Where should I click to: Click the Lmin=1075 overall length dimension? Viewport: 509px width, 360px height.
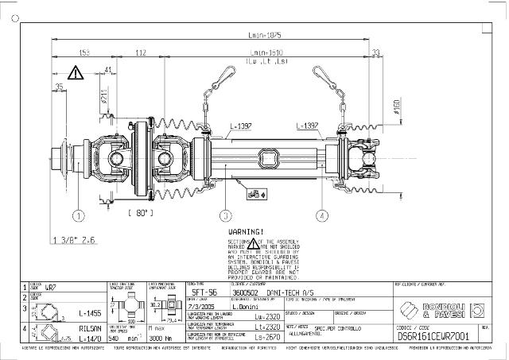click(x=265, y=35)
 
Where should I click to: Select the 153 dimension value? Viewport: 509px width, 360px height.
click(x=84, y=52)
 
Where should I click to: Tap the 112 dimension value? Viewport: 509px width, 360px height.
click(x=140, y=52)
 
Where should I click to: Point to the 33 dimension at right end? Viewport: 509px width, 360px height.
click(x=375, y=52)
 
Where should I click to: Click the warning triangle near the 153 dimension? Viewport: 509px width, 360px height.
click(x=75, y=73)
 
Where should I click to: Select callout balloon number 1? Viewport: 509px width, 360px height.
click(x=79, y=215)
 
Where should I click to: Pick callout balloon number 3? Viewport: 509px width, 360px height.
click(x=226, y=215)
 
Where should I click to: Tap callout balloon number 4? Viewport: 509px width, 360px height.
click(x=321, y=215)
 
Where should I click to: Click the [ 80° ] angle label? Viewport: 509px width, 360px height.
click(x=141, y=213)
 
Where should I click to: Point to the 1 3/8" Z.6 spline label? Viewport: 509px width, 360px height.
click(x=74, y=239)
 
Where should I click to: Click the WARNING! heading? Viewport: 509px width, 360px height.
click(x=245, y=231)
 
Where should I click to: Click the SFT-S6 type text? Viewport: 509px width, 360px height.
click(x=205, y=292)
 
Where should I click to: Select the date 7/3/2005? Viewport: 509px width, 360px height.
click(x=200, y=305)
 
